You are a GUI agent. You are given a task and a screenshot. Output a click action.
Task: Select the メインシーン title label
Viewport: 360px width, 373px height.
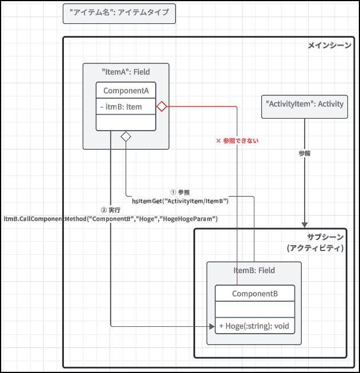click(x=329, y=45)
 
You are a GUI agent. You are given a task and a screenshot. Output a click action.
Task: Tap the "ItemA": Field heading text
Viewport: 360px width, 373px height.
click(x=126, y=72)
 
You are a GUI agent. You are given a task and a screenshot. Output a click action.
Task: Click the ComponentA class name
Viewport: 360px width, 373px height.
click(x=126, y=90)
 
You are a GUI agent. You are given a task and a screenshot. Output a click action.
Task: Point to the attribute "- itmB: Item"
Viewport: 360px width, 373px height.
click(x=121, y=106)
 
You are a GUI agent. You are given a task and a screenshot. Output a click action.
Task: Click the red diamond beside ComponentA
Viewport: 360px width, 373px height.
click(x=161, y=106)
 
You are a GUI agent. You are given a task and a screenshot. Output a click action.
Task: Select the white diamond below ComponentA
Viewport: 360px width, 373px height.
click(x=126, y=136)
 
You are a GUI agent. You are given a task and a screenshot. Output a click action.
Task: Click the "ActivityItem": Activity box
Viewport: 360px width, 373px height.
click(x=305, y=104)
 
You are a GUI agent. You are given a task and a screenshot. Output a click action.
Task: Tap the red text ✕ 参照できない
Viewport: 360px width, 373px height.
click(x=237, y=140)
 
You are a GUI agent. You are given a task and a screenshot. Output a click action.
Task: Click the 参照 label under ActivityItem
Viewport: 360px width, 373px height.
click(x=305, y=154)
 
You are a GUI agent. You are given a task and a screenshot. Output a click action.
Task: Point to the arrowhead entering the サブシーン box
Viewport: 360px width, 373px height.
click(x=305, y=225)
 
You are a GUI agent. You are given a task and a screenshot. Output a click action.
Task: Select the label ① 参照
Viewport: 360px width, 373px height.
click(x=180, y=192)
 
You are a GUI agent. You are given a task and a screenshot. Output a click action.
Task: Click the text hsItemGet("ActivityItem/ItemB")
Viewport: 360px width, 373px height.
click(x=180, y=201)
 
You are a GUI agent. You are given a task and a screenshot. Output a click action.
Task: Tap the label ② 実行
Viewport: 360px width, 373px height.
click(x=110, y=210)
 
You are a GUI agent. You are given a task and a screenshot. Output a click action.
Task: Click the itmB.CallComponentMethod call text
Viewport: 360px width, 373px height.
click(x=111, y=218)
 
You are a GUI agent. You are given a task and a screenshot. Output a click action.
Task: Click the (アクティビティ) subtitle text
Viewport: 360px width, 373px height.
click(x=315, y=248)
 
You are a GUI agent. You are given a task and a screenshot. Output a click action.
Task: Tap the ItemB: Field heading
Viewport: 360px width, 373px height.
click(x=254, y=270)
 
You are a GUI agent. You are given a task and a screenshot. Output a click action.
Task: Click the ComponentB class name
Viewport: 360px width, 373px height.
click(x=255, y=293)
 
